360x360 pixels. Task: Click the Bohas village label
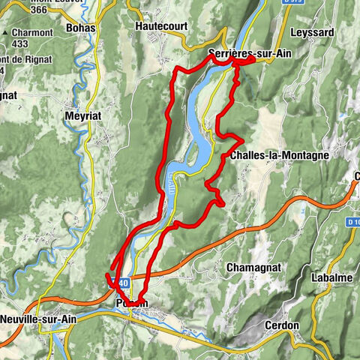coord(81,28)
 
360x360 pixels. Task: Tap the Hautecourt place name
coord(160,25)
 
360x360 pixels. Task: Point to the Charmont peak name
coord(32,34)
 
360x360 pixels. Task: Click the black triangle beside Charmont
coord(5,34)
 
